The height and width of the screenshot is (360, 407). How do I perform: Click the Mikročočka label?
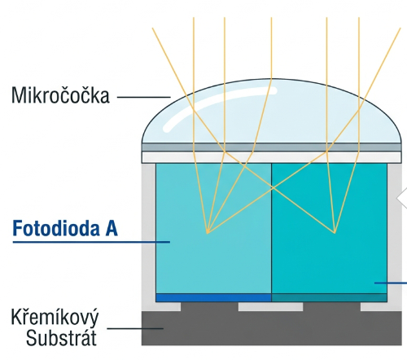(60, 94)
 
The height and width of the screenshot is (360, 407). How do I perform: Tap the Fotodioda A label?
(65, 228)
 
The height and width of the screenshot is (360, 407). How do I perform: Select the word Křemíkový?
(55, 318)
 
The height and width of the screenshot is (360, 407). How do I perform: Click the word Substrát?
(61, 337)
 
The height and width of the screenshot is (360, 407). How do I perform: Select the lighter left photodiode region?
(213, 228)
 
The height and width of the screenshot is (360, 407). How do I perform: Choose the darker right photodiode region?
(329, 228)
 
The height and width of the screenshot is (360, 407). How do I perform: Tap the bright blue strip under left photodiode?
(213, 297)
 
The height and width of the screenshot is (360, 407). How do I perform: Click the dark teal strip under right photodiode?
(329, 297)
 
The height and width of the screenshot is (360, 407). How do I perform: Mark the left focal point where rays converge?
(208, 233)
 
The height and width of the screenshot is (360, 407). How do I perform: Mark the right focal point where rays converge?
(335, 233)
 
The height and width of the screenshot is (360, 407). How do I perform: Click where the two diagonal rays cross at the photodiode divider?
(273, 187)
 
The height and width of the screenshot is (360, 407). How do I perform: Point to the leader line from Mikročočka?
(144, 97)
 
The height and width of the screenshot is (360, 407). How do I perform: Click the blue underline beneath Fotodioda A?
(91, 242)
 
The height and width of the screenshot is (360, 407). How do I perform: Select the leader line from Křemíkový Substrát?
(135, 328)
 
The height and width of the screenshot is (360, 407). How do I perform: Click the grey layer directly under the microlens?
(271, 147)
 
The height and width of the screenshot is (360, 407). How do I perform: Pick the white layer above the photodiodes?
(271, 157)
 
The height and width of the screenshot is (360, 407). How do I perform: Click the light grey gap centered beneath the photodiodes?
(270, 306)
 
